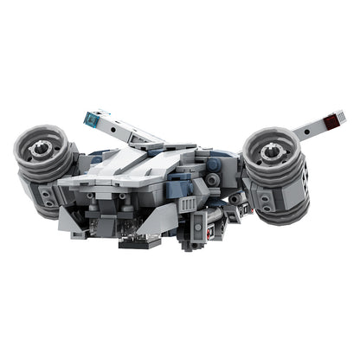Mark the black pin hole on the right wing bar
[x=310, y=126]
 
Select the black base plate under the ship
[x=138, y=242]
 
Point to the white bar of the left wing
[x=130, y=130]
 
